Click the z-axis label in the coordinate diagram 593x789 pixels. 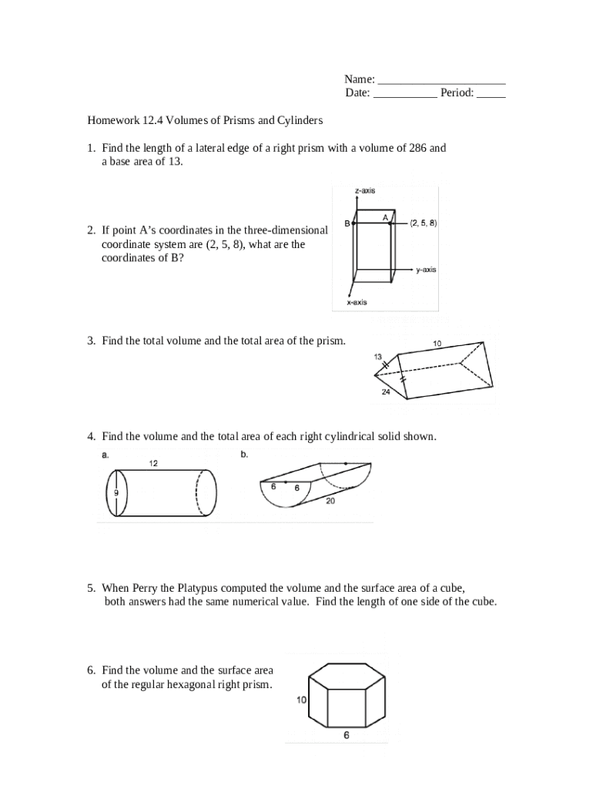(365, 191)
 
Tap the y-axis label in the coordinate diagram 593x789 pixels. (426, 270)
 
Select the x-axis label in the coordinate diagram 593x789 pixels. (356, 303)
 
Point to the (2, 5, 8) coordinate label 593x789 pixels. (424, 223)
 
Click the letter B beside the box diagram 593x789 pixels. (347, 223)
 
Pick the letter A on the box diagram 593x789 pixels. (385, 217)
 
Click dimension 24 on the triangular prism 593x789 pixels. (387, 392)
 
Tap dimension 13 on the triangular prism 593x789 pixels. (378, 357)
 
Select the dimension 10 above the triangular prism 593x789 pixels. (437, 344)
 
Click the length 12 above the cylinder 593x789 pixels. (153, 464)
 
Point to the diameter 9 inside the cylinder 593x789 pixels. (116, 493)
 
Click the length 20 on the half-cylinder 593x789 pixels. (330, 501)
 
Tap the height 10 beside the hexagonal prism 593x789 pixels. (301, 700)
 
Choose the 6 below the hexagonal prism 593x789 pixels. (346, 735)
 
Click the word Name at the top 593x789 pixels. (358, 79)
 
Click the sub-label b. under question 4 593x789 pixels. (244, 455)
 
